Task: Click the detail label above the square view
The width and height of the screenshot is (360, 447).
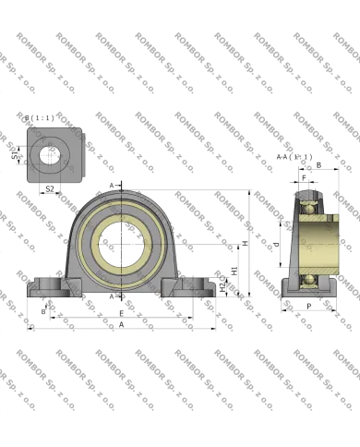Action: (x=41, y=117)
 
